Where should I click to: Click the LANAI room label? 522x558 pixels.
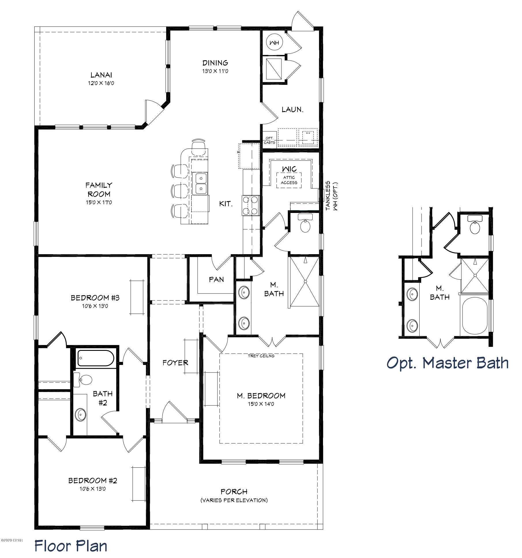coord(101,75)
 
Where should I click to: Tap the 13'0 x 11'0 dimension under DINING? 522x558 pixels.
coord(215,71)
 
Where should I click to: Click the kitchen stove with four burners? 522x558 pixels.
coord(251,205)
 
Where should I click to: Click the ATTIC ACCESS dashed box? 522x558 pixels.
coord(289,180)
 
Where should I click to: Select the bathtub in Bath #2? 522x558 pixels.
coord(95,358)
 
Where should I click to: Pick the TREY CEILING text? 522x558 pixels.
coord(261,356)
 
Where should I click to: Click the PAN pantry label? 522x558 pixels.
coord(216,279)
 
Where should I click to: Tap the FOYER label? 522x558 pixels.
coord(175,363)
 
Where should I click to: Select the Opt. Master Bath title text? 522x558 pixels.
coord(447,363)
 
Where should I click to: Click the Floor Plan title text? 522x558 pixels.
coord(71,546)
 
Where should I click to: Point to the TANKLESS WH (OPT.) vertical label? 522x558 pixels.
coord(331,196)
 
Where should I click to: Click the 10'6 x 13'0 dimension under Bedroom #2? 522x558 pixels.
coord(93,489)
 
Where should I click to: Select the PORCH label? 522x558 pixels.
coord(234,491)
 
